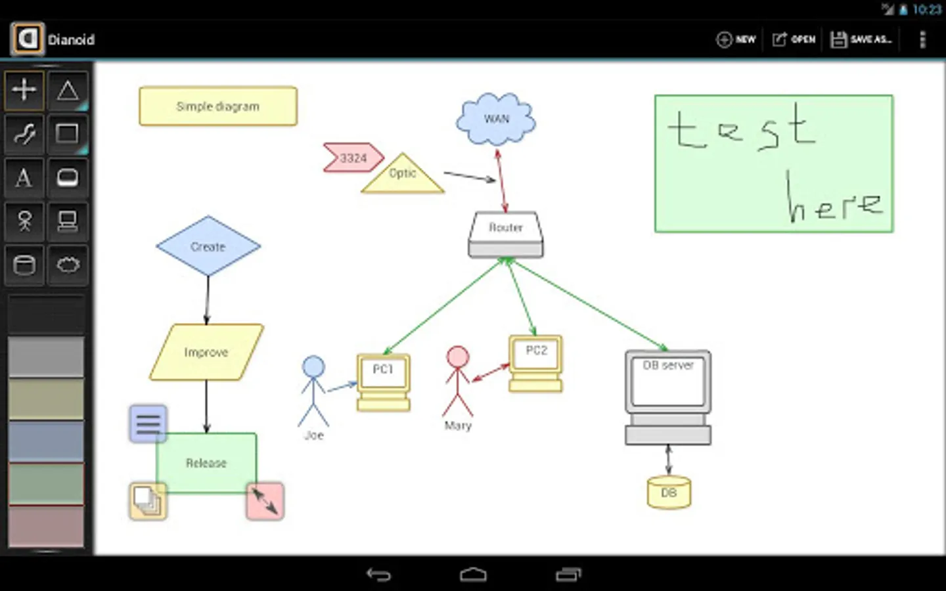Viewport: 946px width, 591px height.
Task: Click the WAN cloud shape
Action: pos(496,119)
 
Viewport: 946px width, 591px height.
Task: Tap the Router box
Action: pos(506,234)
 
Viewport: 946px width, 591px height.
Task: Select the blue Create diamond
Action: pos(208,246)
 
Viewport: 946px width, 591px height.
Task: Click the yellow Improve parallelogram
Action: pos(206,352)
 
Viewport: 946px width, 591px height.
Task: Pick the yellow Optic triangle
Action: pos(403,175)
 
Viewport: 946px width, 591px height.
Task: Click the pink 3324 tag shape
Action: pos(353,158)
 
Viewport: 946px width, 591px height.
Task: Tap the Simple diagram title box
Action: pos(218,106)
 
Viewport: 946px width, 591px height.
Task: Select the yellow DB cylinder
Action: pos(669,492)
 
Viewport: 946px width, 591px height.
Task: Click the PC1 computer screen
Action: pos(384,372)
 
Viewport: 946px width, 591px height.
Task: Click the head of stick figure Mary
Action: pos(457,357)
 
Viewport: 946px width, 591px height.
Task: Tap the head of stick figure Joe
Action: pos(313,366)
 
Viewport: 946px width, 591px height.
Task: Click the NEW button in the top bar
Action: pos(736,39)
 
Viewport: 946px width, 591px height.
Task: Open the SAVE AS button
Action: pos(861,39)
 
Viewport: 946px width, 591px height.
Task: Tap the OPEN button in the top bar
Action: pos(794,39)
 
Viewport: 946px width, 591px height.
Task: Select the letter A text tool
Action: pos(24,177)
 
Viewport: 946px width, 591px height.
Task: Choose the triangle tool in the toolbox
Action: pos(68,91)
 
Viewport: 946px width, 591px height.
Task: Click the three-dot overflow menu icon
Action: pos(922,39)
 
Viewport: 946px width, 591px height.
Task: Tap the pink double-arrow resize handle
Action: pos(265,501)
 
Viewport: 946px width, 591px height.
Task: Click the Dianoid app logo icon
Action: pos(28,39)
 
